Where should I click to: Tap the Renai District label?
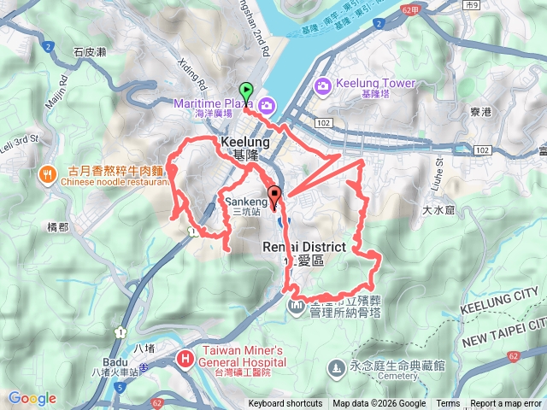click(x=303, y=247)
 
